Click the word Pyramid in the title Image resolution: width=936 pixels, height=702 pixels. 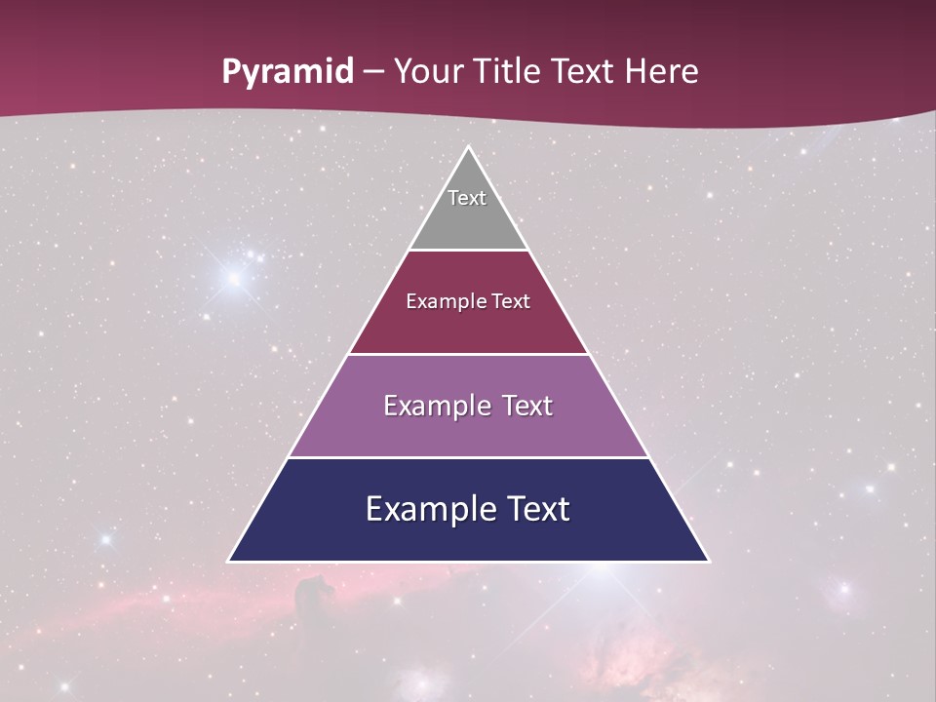(288, 72)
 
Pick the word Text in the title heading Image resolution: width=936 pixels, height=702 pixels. (585, 72)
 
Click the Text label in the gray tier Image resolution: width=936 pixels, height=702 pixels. (467, 198)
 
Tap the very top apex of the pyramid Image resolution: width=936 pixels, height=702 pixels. (468, 148)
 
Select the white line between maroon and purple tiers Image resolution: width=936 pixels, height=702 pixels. (468, 354)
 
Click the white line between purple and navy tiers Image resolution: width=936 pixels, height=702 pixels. (468, 457)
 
